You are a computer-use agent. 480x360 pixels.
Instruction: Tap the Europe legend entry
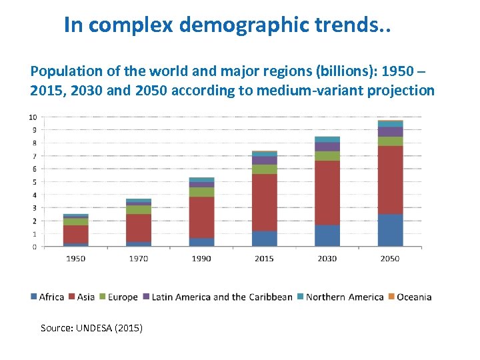click(119, 297)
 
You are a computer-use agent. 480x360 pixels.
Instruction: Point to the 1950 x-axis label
click(75, 258)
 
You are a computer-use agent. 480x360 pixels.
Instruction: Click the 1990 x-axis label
click(201, 258)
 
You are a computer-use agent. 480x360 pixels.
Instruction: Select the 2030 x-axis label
click(327, 258)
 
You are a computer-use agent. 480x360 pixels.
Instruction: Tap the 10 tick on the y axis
click(33, 117)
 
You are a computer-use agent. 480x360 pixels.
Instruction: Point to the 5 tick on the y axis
click(35, 182)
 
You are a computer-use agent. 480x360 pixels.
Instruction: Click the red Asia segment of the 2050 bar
click(390, 180)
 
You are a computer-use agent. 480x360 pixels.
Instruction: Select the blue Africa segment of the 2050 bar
click(390, 231)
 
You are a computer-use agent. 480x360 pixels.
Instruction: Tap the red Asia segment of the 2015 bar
click(264, 202)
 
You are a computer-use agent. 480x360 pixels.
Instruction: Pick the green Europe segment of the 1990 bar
click(201, 192)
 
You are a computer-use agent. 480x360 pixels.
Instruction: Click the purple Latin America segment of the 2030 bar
click(327, 147)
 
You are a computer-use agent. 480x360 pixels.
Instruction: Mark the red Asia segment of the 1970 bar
click(139, 227)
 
